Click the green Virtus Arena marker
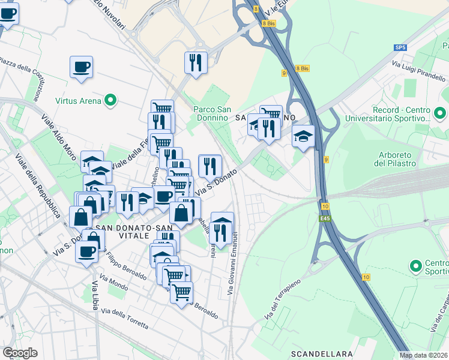[110, 101]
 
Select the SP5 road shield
[400, 47]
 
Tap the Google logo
[20, 353]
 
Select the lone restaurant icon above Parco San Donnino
[196, 62]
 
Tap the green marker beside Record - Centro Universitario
[439, 112]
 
